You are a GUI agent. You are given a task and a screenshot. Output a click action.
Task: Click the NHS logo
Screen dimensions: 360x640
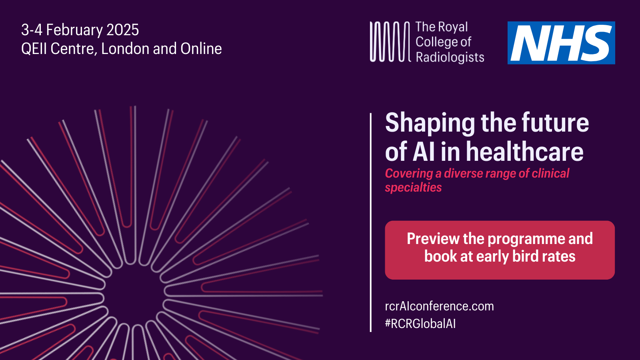(561, 43)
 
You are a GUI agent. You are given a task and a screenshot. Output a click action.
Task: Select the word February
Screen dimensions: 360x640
(74, 30)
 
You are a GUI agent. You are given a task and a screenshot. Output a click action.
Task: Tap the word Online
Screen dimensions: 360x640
(201, 49)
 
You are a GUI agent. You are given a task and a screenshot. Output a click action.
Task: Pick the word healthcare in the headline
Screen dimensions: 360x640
(524, 152)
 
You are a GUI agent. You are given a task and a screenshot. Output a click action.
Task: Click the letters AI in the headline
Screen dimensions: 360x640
(424, 152)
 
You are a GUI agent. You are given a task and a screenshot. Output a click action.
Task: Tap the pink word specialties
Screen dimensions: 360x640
(413, 187)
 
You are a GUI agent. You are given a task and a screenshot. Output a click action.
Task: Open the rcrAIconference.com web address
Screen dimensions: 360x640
(439, 306)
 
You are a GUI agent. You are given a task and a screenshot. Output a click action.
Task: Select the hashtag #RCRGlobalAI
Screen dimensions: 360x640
(420, 324)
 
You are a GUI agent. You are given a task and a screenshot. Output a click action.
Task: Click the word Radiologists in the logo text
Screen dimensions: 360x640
(450, 57)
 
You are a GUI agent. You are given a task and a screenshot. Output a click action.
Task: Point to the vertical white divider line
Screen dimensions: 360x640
(371, 222)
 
